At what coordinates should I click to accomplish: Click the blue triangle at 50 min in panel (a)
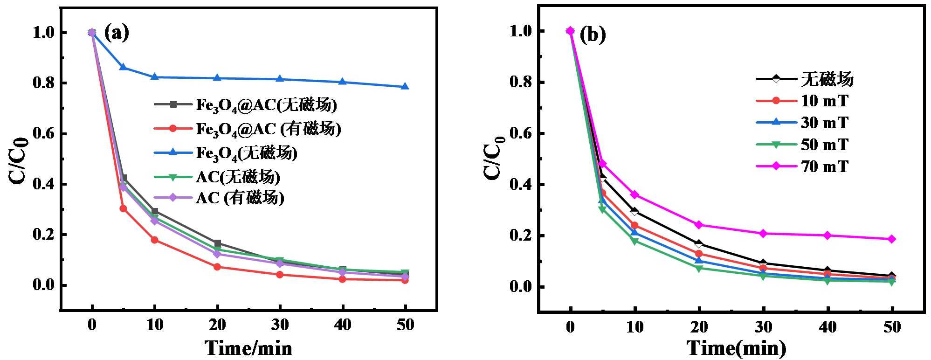tap(405, 86)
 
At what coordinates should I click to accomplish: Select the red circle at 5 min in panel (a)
tap(123, 208)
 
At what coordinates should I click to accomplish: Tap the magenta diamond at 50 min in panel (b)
tap(891, 239)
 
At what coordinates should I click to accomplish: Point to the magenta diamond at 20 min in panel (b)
tap(698, 225)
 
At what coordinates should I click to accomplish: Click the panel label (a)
tap(116, 33)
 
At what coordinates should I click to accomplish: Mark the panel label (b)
tap(593, 35)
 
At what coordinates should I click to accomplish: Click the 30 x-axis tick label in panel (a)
tap(280, 325)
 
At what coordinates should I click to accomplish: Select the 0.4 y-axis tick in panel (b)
tap(522, 185)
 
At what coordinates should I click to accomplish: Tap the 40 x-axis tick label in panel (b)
tap(828, 327)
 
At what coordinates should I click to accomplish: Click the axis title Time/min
tap(248, 348)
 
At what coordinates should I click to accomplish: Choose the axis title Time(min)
tap(736, 348)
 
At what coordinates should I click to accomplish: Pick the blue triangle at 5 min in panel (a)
tap(123, 67)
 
